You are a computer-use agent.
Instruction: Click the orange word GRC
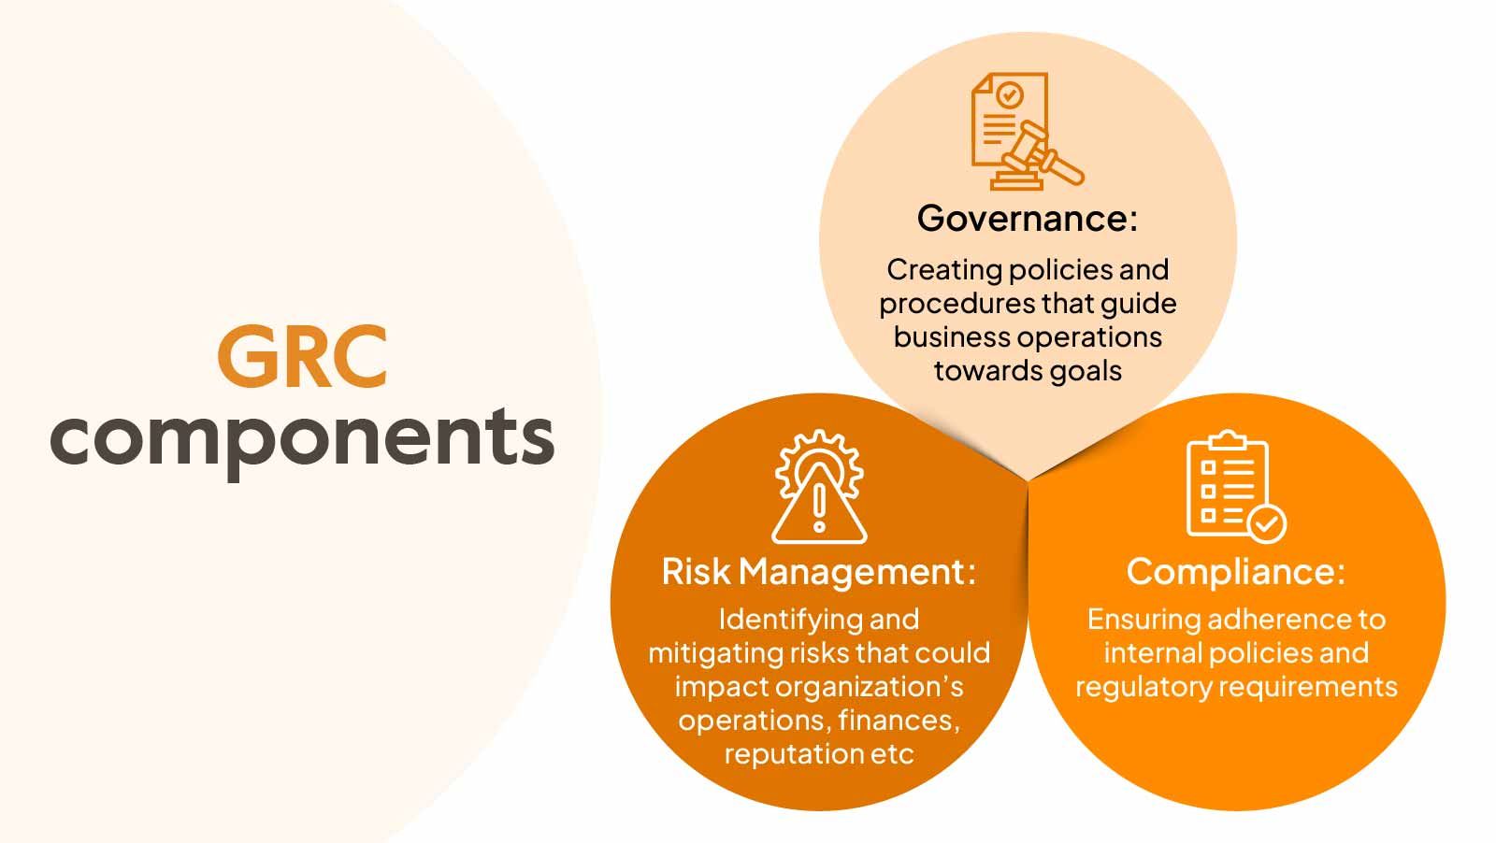click(x=303, y=356)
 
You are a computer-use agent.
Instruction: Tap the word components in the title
click(x=302, y=440)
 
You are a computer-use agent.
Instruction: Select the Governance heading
click(x=1028, y=219)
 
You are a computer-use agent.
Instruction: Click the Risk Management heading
click(x=819, y=572)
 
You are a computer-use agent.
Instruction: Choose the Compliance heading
click(x=1235, y=572)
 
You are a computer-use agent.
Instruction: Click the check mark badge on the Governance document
click(x=1009, y=95)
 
